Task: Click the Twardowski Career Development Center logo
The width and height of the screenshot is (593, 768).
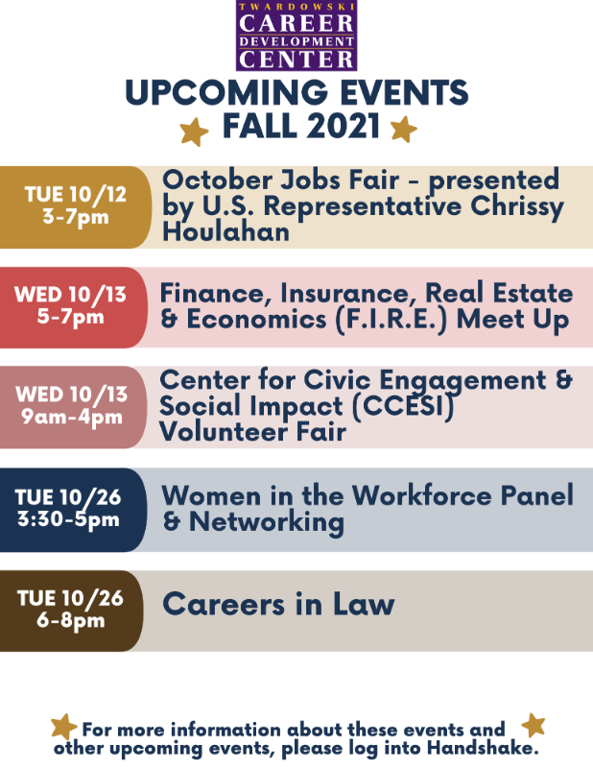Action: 296,36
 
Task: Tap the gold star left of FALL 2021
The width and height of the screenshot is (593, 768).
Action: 194,132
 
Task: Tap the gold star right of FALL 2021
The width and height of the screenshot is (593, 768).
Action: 404,130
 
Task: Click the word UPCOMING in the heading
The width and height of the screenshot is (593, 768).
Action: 226,92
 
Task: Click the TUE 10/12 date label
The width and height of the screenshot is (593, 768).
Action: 76,195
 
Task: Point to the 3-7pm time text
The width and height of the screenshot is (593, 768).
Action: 76,216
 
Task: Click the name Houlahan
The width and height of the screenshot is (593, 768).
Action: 225,231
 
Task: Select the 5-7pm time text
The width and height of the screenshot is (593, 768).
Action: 70,317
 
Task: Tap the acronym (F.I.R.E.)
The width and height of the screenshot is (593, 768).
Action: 391,321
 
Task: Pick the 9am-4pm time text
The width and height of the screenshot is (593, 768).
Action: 72,417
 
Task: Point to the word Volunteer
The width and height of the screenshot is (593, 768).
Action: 224,432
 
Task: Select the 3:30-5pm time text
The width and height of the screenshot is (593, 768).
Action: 68,519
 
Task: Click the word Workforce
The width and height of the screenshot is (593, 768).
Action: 421,495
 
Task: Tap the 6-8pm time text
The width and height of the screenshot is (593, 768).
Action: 70,620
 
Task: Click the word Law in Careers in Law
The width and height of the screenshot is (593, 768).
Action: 364,604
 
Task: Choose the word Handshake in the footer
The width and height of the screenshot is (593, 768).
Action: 483,748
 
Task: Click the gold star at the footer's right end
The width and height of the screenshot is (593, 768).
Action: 534,725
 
